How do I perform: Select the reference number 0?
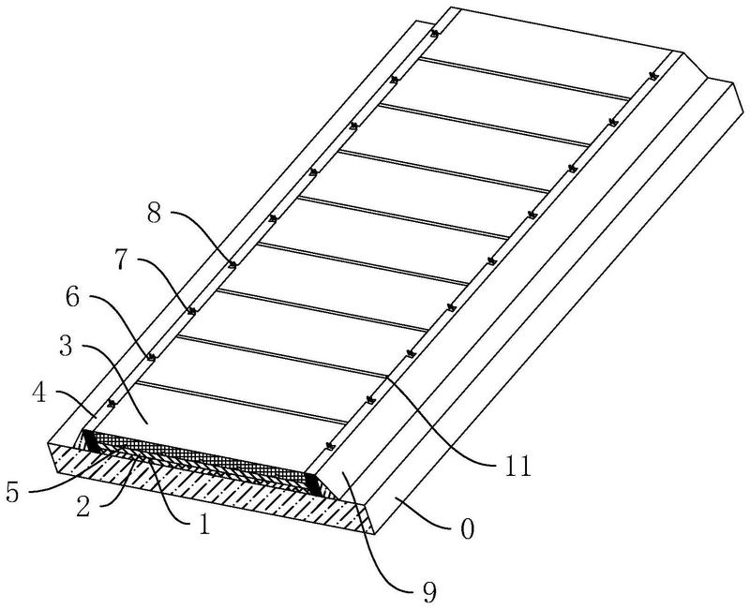click(466, 531)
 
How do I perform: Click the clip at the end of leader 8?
click(231, 265)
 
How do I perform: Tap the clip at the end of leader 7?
click(191, 310)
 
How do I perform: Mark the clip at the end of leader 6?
click(150, 357)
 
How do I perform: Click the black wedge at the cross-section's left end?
click(92, 440)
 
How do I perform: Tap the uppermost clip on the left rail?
click(435, 35)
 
